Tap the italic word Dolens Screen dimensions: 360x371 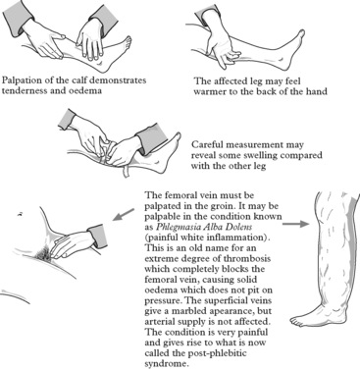(240, 227)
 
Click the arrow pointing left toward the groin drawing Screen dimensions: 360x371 (123, 214)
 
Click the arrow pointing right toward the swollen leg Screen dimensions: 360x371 (295, 224)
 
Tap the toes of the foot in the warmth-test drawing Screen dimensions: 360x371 (301, 35)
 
